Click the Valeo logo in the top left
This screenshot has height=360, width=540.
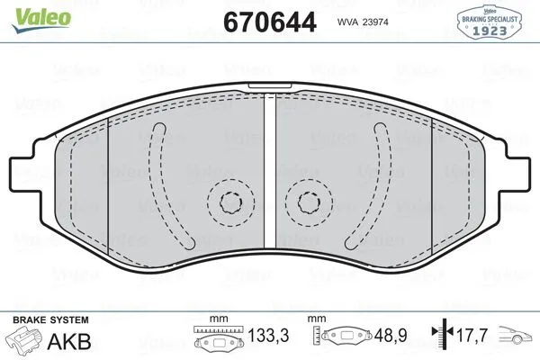click(41, 20)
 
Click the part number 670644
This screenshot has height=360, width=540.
click(270, 22)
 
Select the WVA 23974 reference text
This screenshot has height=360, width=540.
click(363, 22)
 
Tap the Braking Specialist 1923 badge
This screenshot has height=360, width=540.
click(490, 22)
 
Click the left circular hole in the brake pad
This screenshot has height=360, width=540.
click(230, 202)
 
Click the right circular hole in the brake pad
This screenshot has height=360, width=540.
click(309, 202)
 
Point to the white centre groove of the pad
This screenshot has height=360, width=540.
click(270, 171)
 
